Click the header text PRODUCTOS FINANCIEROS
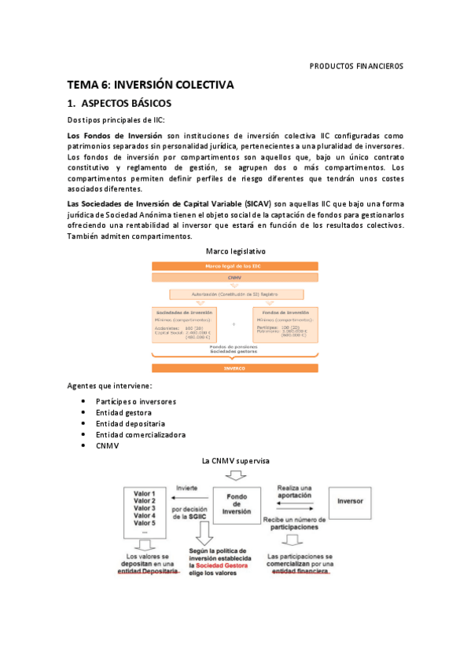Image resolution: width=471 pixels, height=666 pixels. (356, 66)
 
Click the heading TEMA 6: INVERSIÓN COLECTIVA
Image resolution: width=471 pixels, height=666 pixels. (150, 85)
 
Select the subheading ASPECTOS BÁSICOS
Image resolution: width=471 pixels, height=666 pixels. (126, 104)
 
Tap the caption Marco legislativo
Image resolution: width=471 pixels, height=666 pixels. (234, 251)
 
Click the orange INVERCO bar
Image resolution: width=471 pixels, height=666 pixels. (235, 368)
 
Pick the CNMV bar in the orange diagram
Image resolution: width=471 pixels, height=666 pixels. (235, 278)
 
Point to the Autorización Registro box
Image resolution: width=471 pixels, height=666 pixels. (235, 294)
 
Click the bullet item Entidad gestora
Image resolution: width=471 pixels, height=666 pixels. (123, 412)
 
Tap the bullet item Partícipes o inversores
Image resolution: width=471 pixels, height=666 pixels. (136, 401)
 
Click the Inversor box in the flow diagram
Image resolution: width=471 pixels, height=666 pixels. (350, 501)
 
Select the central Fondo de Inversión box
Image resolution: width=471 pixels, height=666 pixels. (237, 503)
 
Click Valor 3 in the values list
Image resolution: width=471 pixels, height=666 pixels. (145, 508)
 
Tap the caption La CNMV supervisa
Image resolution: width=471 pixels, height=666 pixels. (235, 460)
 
